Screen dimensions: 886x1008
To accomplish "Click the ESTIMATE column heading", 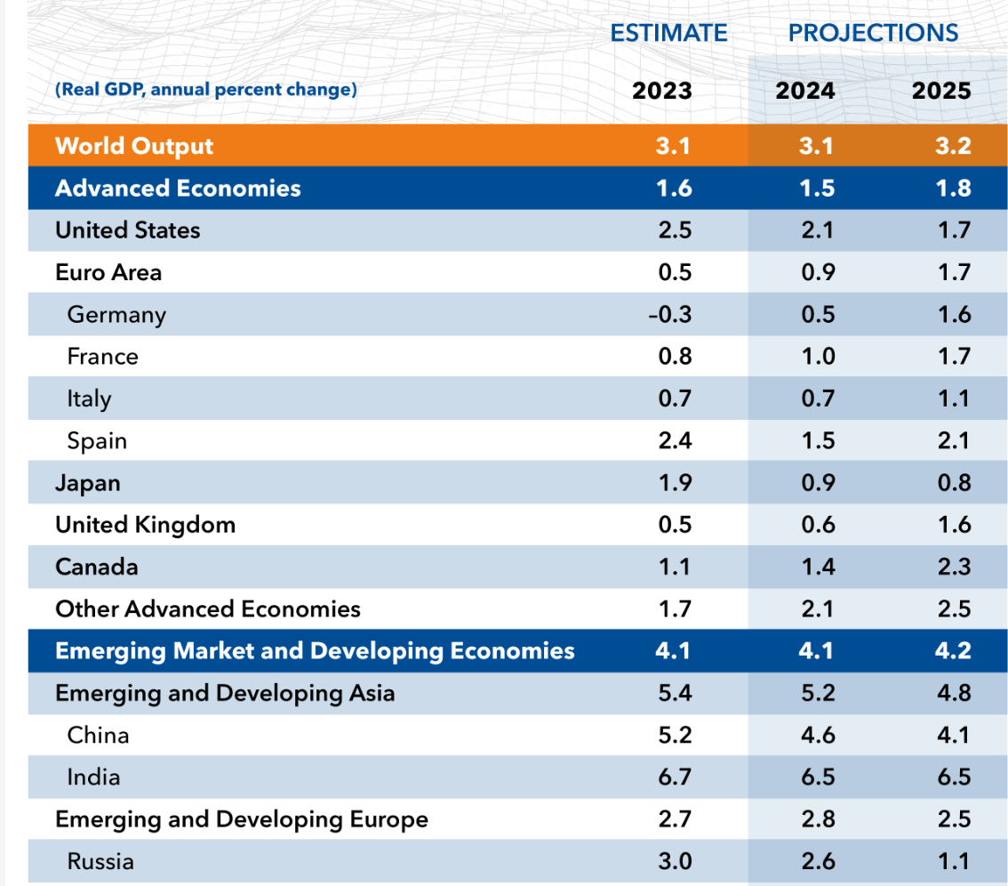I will coord(668,34).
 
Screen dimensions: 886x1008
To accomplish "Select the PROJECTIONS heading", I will coord(873,34).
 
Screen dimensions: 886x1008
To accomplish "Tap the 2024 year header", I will coord(804,91).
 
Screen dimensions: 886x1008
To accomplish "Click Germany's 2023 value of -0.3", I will coord(669,315).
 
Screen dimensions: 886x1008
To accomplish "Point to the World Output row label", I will coord(134,146).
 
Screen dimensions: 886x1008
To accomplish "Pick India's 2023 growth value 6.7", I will coord(675,777).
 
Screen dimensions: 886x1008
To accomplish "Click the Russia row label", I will coord(100,861).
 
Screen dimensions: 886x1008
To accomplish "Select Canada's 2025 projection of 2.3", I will coord(953,567).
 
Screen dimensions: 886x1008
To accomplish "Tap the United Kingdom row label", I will coord(145,525).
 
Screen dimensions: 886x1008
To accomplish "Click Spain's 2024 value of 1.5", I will coord(817,441).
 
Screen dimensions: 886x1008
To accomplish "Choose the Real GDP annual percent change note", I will coord(206,90).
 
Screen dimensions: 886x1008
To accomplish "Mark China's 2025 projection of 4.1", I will coord(953,736).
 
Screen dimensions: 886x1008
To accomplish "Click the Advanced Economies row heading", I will coord(178,189).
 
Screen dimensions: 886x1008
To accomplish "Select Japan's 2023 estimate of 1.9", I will coord(675,483).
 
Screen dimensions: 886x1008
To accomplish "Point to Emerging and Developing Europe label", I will coord(241,819).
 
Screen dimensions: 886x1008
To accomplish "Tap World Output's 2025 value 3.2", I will coord(953,146).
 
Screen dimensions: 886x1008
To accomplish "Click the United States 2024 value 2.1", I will coord(817,230).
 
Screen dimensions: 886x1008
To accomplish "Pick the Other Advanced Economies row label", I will coord(207,609).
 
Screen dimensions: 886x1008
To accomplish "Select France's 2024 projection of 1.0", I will coord(817,357).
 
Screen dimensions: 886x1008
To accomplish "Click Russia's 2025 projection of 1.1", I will coord(953,861).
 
